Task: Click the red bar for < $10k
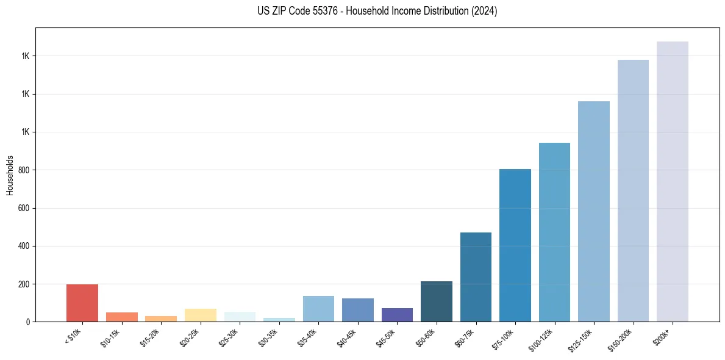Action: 82,303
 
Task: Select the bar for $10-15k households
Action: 121,317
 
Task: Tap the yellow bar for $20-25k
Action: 200,315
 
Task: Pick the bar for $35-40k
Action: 318,309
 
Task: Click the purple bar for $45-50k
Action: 397,315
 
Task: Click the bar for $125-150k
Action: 594,211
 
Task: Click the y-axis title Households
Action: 10,175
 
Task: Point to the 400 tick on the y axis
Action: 24,246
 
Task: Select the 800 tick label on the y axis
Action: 24,170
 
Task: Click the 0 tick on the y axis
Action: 28,322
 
